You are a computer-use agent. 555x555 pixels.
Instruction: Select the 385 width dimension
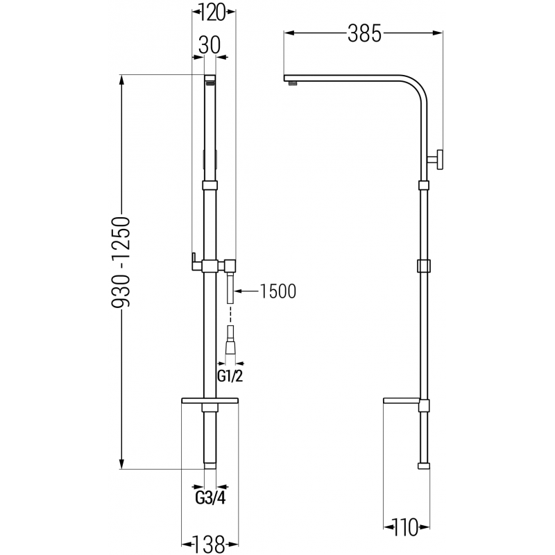(364, 33)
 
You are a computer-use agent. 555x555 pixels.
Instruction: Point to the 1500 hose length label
(277, 291)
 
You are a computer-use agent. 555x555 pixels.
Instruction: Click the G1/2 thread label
(228, 377)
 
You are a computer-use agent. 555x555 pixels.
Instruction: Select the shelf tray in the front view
(210, 401)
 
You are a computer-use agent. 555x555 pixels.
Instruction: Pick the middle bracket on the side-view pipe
(425, 266)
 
